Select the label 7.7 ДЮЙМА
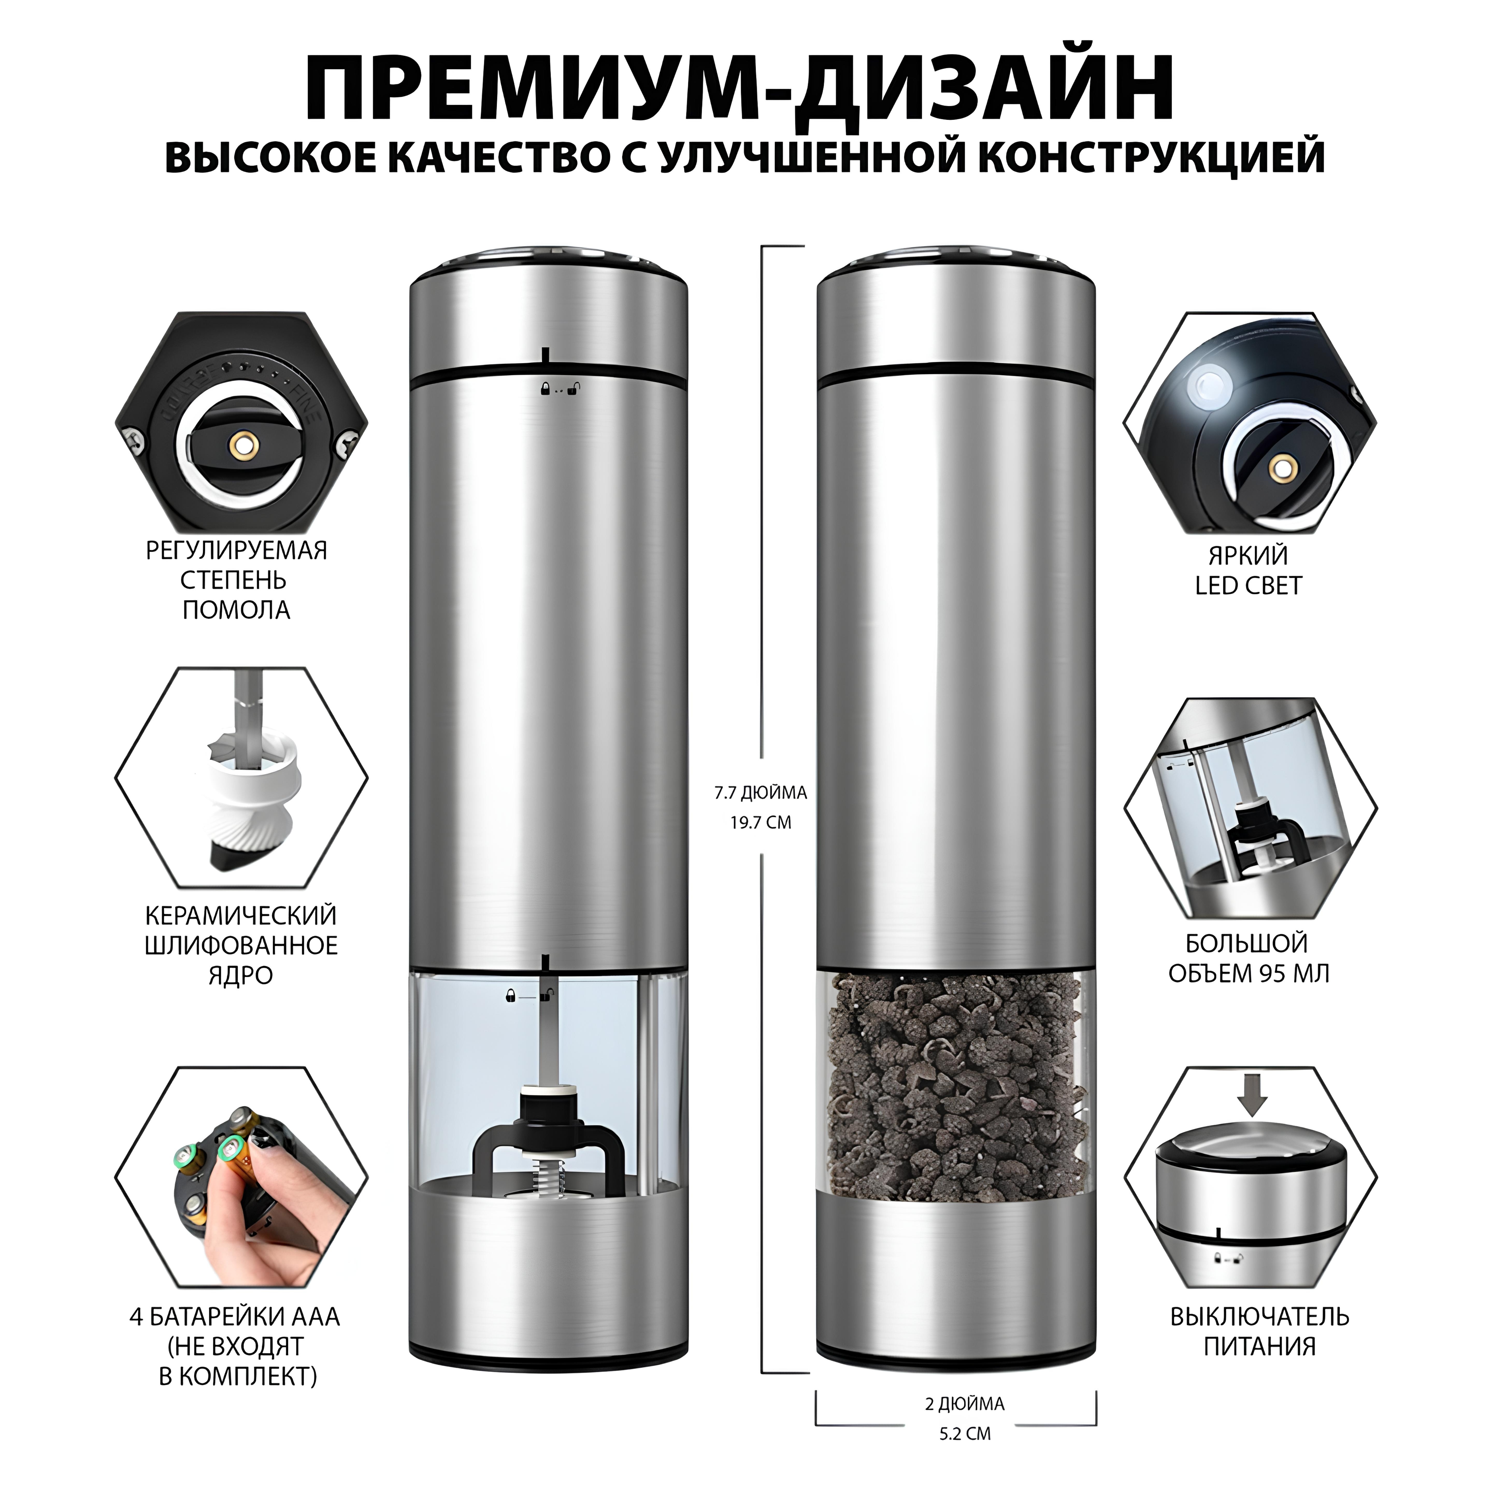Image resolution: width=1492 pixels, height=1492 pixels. pyautogui.click(x=761, y=792)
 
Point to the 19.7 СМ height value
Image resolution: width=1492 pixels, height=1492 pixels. pyautogui.click(x=761, y=822)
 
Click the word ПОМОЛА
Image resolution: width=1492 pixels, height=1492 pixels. pyautogui.click(x=236, y=610)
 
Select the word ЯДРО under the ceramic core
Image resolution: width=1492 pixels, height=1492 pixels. pyautogui.click(x=240, y=975)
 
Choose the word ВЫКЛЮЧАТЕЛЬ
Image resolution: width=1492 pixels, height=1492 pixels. pyautogui.click(x=1260, y=1316)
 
